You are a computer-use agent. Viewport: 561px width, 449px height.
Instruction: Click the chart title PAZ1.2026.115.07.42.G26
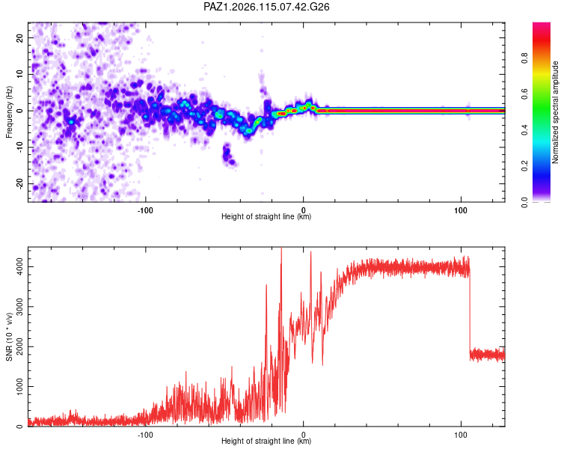(x=266, y=7)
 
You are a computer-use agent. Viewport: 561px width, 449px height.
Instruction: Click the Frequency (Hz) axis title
(x=9, y=112)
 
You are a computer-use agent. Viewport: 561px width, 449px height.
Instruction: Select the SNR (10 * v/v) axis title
(x=9, y=337)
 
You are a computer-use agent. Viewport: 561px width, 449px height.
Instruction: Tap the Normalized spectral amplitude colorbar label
(x=555, y=112)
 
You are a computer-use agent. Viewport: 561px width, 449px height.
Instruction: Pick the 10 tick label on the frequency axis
(x=19, y=74)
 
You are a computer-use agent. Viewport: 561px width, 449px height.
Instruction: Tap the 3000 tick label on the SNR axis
(x=19, y=307)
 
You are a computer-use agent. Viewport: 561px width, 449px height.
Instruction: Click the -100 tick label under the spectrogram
(x=145, y=210)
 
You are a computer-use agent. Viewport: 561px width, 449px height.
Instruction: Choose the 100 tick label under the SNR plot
(x=461, y=435)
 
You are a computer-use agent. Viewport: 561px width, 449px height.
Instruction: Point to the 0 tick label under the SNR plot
(x=304, y=435)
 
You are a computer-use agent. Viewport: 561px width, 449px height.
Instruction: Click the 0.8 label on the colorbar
(x=524, y=58)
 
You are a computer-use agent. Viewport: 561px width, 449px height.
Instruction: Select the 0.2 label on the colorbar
(x=524, y=166)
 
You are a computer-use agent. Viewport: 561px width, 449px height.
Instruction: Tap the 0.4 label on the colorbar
(x=524, y=129)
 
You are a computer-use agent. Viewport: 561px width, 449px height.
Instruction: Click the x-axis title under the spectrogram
(x=266, y=216)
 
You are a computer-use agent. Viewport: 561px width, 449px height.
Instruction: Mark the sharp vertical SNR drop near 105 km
(x=470, y=311)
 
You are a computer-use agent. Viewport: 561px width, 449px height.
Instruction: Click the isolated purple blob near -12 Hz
(x=228, y=155)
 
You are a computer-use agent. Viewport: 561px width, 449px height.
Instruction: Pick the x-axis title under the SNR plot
(x=266, y=441)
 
